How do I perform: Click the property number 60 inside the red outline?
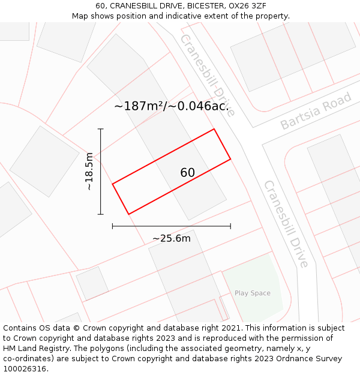(x=188, y=173)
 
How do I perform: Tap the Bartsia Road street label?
(x=316, y=111)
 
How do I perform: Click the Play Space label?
(x=252, y=293)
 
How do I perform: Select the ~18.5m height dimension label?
(x=89, y=171)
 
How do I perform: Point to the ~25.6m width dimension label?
(x=171, y=238)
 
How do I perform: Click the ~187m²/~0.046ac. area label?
(x=172, y=106)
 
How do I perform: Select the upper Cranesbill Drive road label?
(x=207, y=75)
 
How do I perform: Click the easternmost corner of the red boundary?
(x=230, y=159)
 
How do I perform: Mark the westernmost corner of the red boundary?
(x=113, y=184)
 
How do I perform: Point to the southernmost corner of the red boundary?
(x=128, y=214)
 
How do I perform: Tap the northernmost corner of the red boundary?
(x=214, y=129)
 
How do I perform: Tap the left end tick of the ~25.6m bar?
(x=113, y=226)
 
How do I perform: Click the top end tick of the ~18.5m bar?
(x=101, y=129)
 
